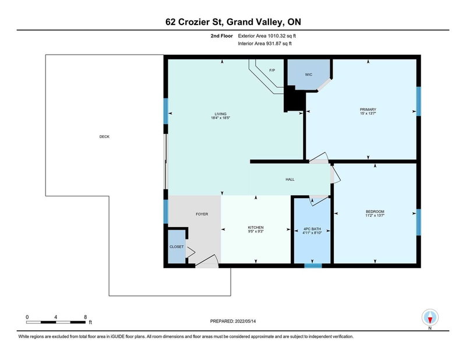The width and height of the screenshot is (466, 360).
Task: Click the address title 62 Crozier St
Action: click(x=232, y=23)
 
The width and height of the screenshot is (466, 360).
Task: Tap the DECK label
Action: click(x=104, y=137)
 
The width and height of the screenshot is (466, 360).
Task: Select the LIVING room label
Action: click(x=220, y=114)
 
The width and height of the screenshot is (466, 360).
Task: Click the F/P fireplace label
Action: click(x=272, y=70)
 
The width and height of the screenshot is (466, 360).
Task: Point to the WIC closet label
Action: click(x=309, y=75)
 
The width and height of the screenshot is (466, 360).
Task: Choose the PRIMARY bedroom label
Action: click(x=368, y=110)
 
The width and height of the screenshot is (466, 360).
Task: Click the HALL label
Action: click(x=290, y=179)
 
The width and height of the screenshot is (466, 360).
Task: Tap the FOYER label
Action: click(x=202, y=214)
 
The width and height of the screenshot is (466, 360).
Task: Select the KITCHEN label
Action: click(x=256, y=227)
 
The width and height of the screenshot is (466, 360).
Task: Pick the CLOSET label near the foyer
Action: click(x=176, y=247)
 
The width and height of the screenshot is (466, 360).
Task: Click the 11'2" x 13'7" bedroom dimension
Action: click(x=375, y=216)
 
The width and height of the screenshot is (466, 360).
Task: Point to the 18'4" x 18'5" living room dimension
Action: click(x=220, y=118)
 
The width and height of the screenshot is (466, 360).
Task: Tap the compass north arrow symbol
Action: click(x=430, y=317)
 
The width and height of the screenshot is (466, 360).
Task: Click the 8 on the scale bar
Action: click(x=86, y=317)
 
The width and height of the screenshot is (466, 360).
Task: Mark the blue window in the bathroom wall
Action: click(x=313, y=266)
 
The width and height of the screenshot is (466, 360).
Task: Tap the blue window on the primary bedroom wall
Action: click(x=418, y=102)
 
